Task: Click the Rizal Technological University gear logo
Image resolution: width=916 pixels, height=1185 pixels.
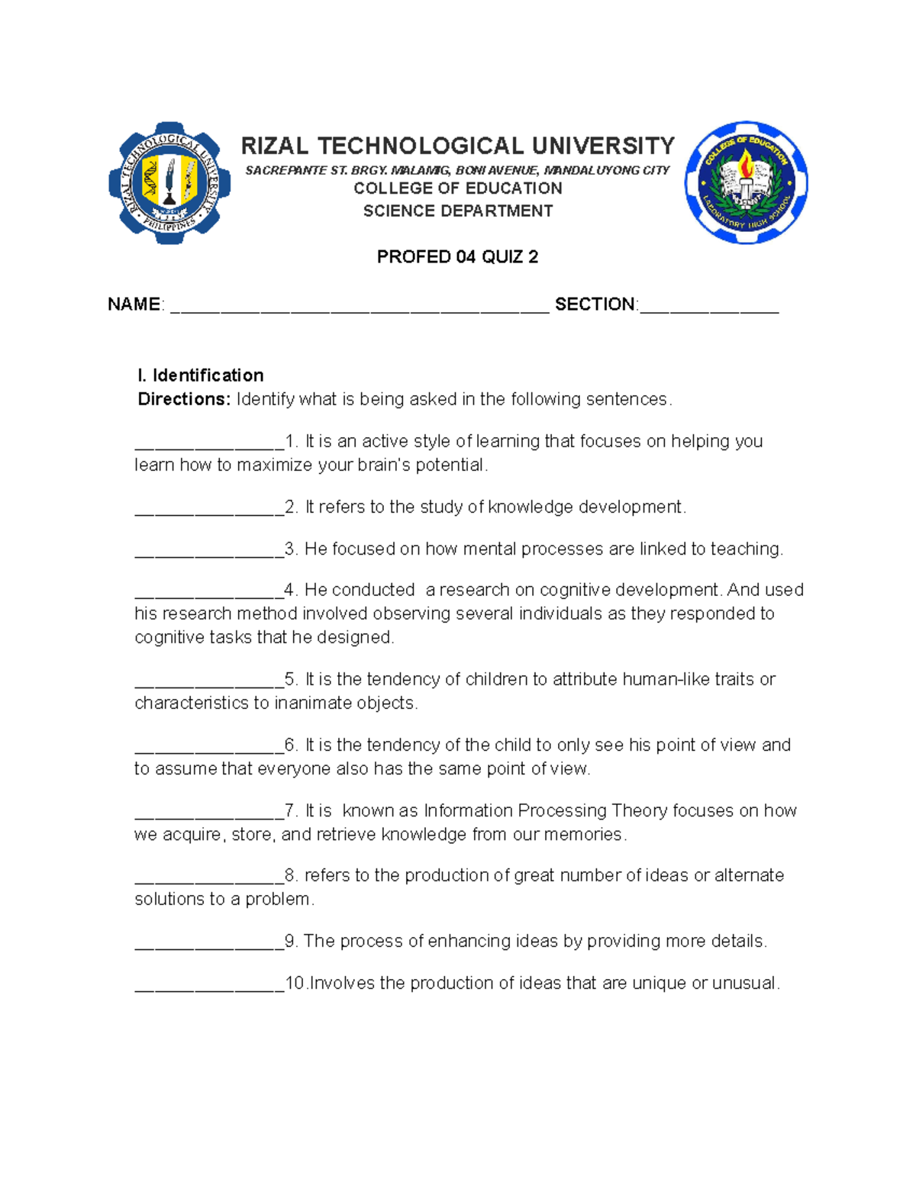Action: (x=169, y=183)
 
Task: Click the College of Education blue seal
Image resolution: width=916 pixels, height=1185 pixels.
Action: (x=746, y=183)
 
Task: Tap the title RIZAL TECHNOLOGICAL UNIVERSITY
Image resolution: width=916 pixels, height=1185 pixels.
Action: (x=457, y=146)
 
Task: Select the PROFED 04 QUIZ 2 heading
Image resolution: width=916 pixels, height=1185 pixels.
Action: (x=457, y=257)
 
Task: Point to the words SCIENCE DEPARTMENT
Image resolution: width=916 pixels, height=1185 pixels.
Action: (x=457, y=211)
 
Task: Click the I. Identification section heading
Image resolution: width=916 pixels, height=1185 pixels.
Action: (x=200, y=375)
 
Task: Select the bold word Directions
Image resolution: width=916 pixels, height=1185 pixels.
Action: (x=183, y=399)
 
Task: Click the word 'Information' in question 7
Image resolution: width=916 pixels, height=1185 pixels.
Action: (x=468, y=810)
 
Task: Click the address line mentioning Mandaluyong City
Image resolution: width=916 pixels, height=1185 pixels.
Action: (x=457, y=170)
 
